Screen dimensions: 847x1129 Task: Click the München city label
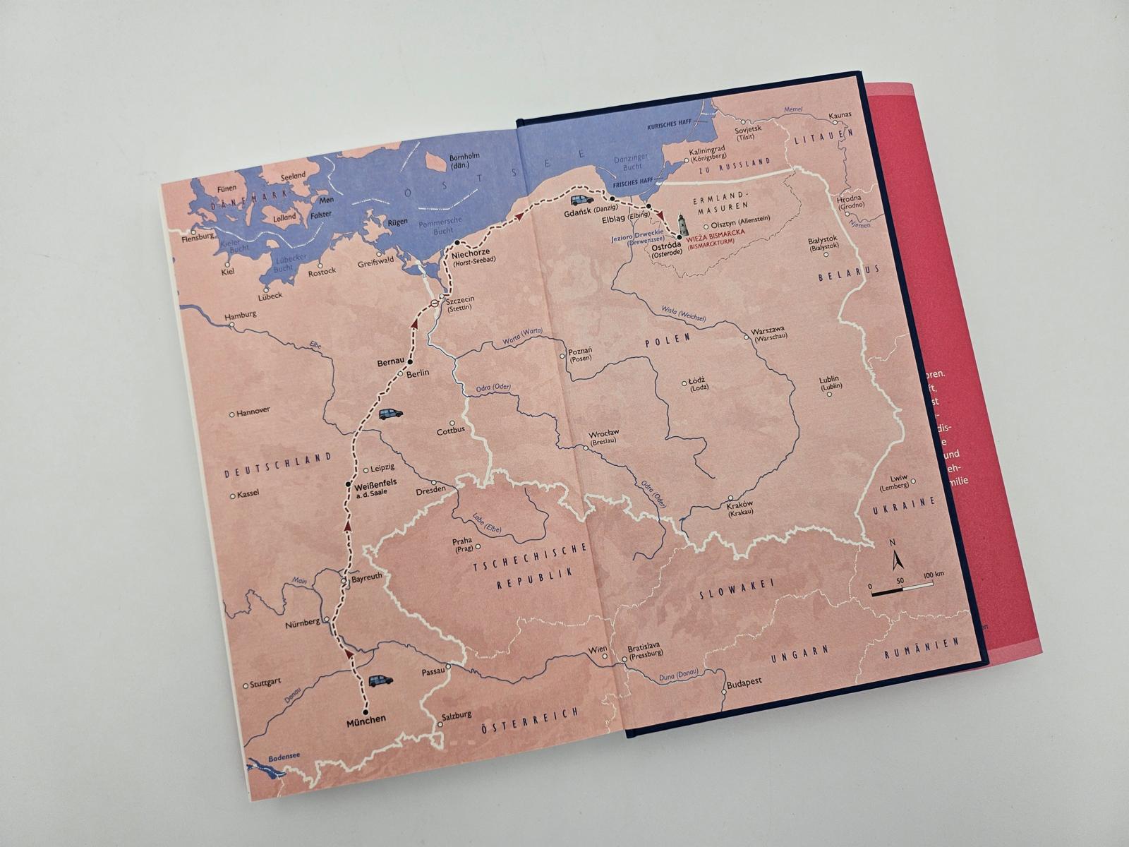(366, 719)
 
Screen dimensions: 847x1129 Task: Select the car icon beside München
(380, 680)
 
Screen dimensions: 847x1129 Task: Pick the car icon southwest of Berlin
(390, 414)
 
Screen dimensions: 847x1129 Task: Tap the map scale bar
(901, 587)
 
